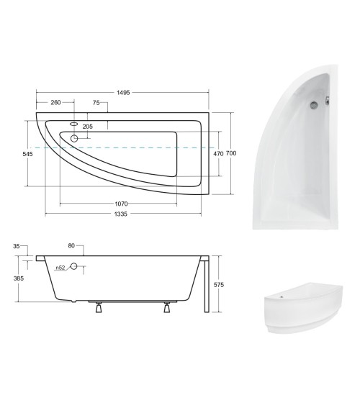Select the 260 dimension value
[x=55, y=103]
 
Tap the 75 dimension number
[x=96, y=103]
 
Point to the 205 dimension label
[x=88, y=127]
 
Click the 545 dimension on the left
[x=27, y=153]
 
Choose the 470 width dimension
[x=217, y=153]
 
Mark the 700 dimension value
[x=232, y=153]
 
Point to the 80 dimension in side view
[x=71, y=246]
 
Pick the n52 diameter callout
[x=61, y=269]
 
